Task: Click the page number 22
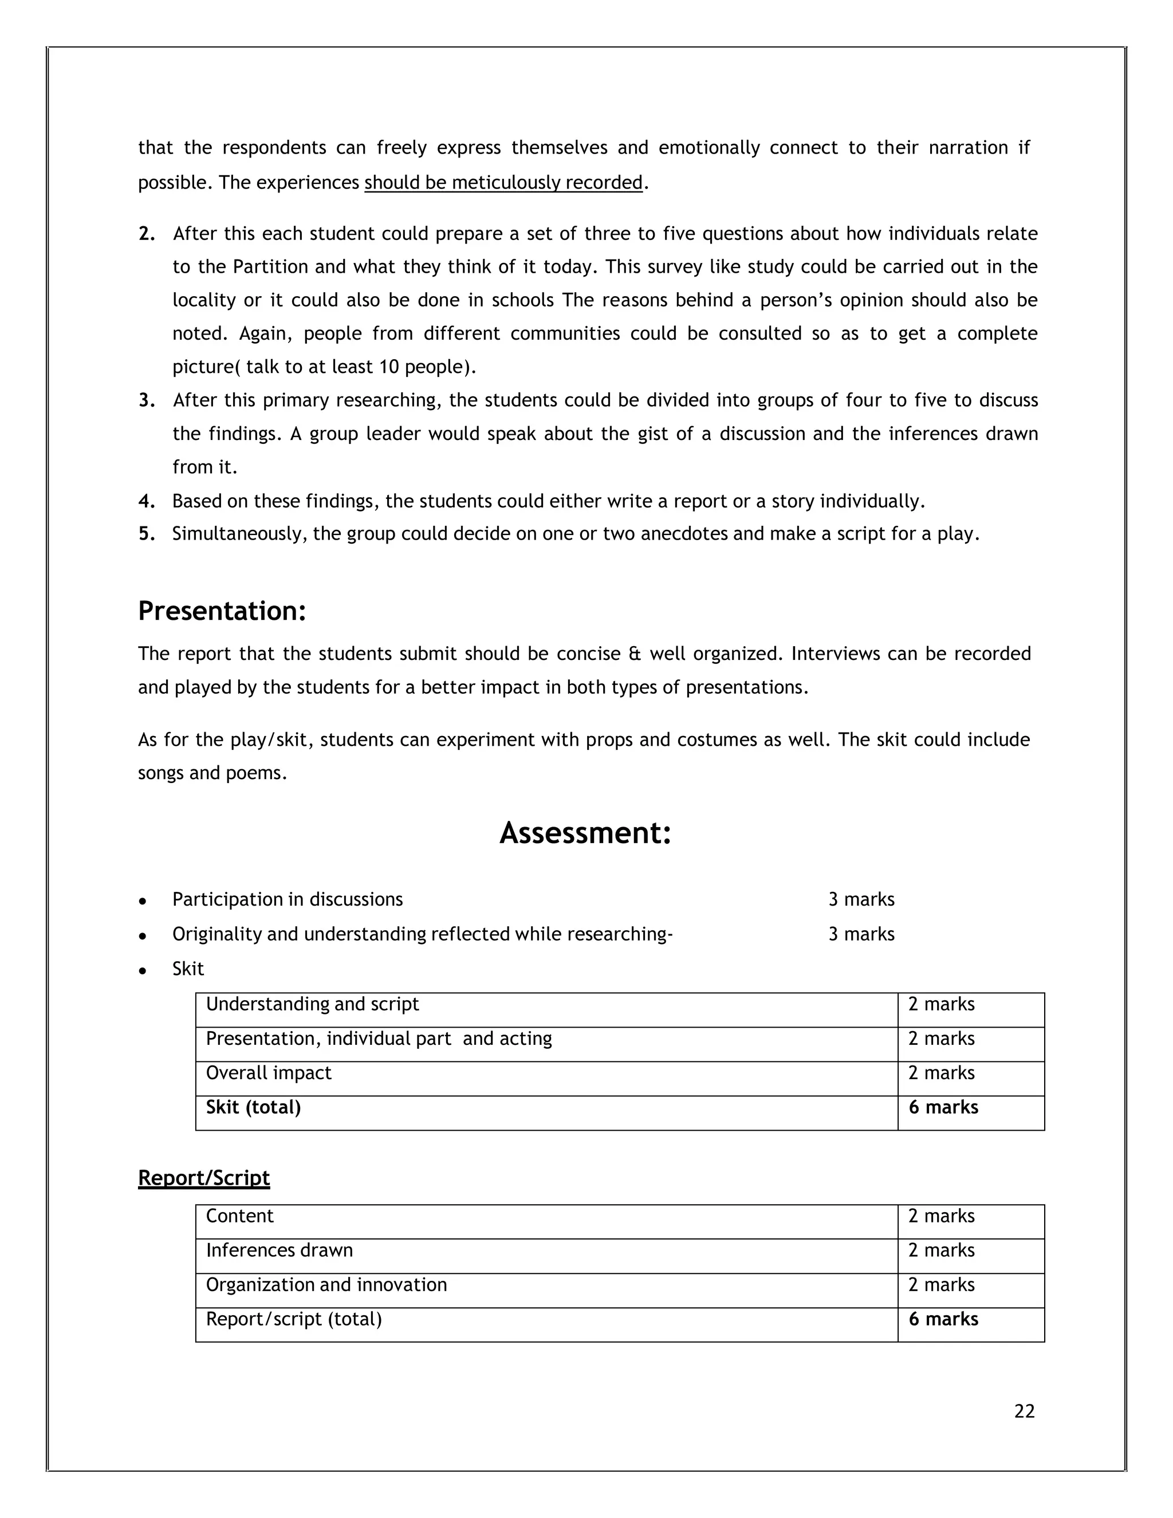1024,1411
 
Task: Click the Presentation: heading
222,611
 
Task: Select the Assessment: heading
585,833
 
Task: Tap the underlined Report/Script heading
203,1177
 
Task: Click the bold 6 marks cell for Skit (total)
943,1107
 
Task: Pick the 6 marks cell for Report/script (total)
943,1319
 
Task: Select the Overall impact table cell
268,1073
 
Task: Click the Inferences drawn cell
279,1250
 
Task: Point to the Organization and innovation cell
326,1284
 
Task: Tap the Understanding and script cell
312,1004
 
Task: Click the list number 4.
146,501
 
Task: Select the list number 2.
146,234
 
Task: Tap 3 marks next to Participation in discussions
861,899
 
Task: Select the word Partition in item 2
270,267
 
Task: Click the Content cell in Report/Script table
240,1216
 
